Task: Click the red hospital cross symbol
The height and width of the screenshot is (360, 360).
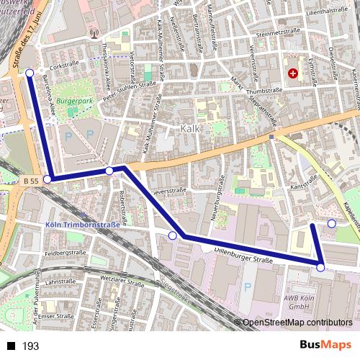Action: [292, 73]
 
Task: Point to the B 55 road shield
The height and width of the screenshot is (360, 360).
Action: [30, 180]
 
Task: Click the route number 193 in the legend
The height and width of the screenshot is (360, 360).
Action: [31, 346]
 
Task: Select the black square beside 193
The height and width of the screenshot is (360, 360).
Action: [12, 346]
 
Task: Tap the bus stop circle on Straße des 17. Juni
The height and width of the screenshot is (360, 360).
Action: [30, 73]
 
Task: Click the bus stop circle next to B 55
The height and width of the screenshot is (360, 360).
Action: [48, 179]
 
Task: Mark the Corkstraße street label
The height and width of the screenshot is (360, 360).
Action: [65, 65]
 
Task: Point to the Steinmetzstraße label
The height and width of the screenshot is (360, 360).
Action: [277, 32]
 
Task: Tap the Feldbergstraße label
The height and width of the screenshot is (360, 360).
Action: [66, 253]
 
